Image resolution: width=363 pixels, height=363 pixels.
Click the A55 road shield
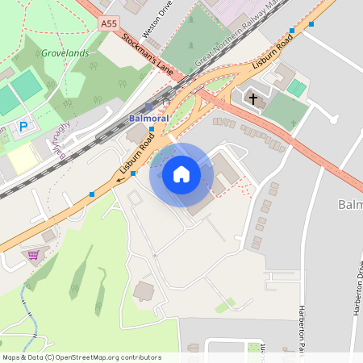[110, 25]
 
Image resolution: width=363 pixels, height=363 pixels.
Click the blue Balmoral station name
[148, 119]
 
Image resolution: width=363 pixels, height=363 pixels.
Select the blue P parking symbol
[23, 126]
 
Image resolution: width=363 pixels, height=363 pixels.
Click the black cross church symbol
[253, 99]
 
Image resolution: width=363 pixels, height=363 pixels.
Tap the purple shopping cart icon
[33, 255]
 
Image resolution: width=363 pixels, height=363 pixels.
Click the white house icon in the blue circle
[181, 173]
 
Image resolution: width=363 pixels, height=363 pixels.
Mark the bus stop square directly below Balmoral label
[152, 130]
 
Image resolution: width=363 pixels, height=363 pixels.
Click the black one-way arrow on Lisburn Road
[119, 181]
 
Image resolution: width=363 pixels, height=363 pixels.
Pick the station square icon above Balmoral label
[149, 106]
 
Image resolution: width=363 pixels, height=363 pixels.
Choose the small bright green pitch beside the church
[297, 88]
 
